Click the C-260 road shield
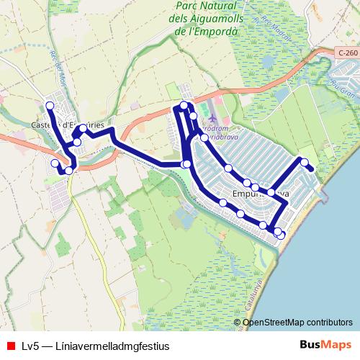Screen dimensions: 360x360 click(x=346, y=53)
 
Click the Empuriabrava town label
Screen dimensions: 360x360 click(x=261, y=194)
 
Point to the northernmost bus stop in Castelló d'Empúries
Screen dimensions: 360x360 click(x=50, y=106)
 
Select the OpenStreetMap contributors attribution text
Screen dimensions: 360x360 click(x=297, y=322)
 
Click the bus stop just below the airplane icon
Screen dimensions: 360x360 click(x=204, y=138)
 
